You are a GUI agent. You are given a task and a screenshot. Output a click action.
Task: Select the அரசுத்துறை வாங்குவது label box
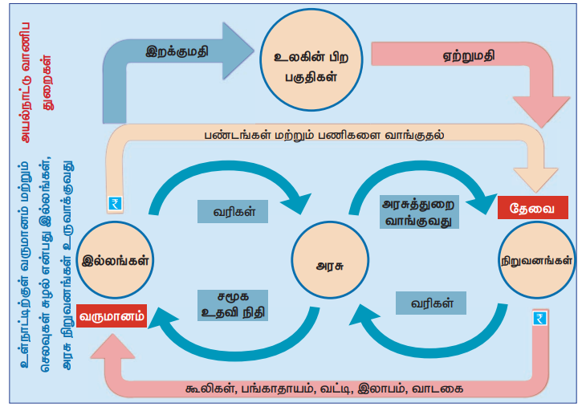(x=418, y=211)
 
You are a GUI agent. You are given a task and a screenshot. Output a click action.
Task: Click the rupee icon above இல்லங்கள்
(x=114, y=205)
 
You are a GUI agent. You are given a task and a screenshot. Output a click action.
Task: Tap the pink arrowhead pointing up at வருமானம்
(x=112, y=347)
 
